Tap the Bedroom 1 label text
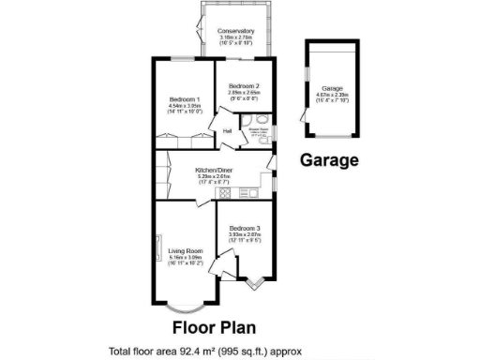[185, 99]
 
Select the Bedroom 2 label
[244, 86]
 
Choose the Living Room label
[185, 251]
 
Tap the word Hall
[227, 131]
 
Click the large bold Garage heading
[329, 160]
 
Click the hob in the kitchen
[225, 193]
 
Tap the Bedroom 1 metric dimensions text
[185, 106]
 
